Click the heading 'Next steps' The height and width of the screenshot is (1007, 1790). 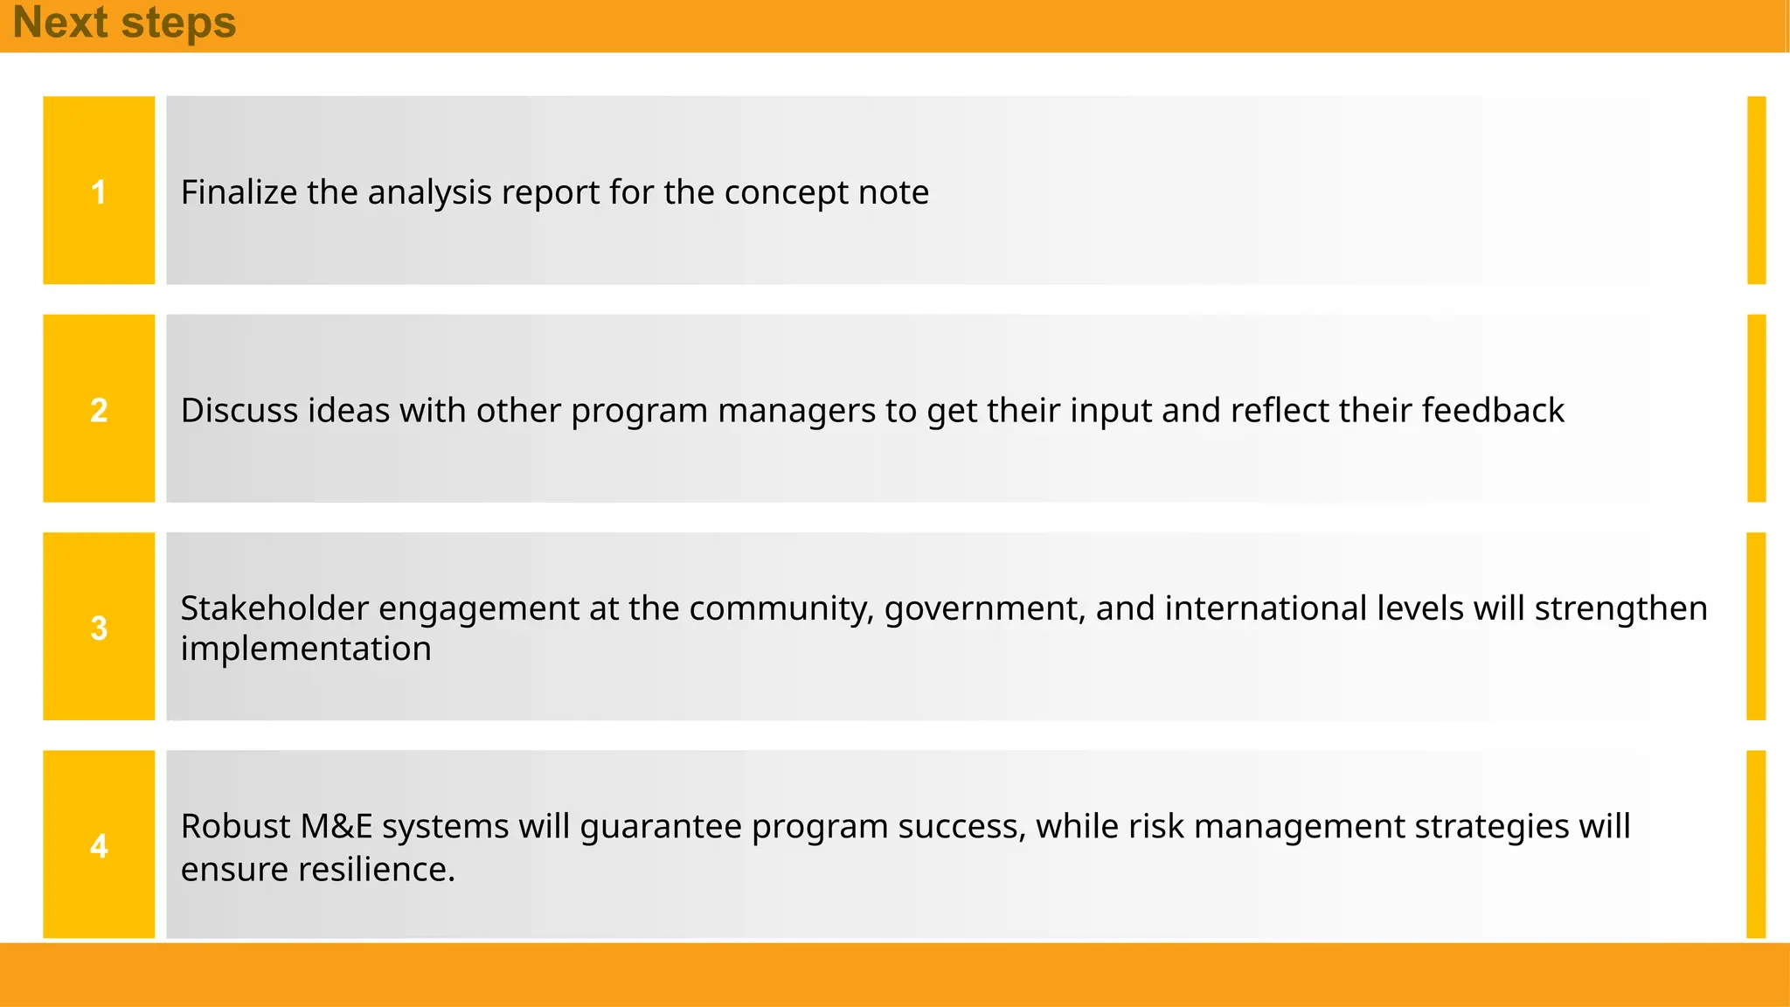(124, 23)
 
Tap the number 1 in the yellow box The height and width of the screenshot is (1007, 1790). (99, 191)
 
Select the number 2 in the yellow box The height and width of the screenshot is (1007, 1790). (99, 410)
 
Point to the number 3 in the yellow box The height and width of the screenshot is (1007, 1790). (99, 628)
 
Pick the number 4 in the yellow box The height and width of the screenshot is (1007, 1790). (99, 845)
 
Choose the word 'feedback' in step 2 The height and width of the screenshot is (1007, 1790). (1493, 410)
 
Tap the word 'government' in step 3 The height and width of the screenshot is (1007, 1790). (983, 609)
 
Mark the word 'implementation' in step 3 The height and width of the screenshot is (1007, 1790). (306, 649)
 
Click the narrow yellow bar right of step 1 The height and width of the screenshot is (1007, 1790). (1756, 190)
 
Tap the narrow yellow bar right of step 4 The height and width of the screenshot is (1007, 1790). (1756, 844)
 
